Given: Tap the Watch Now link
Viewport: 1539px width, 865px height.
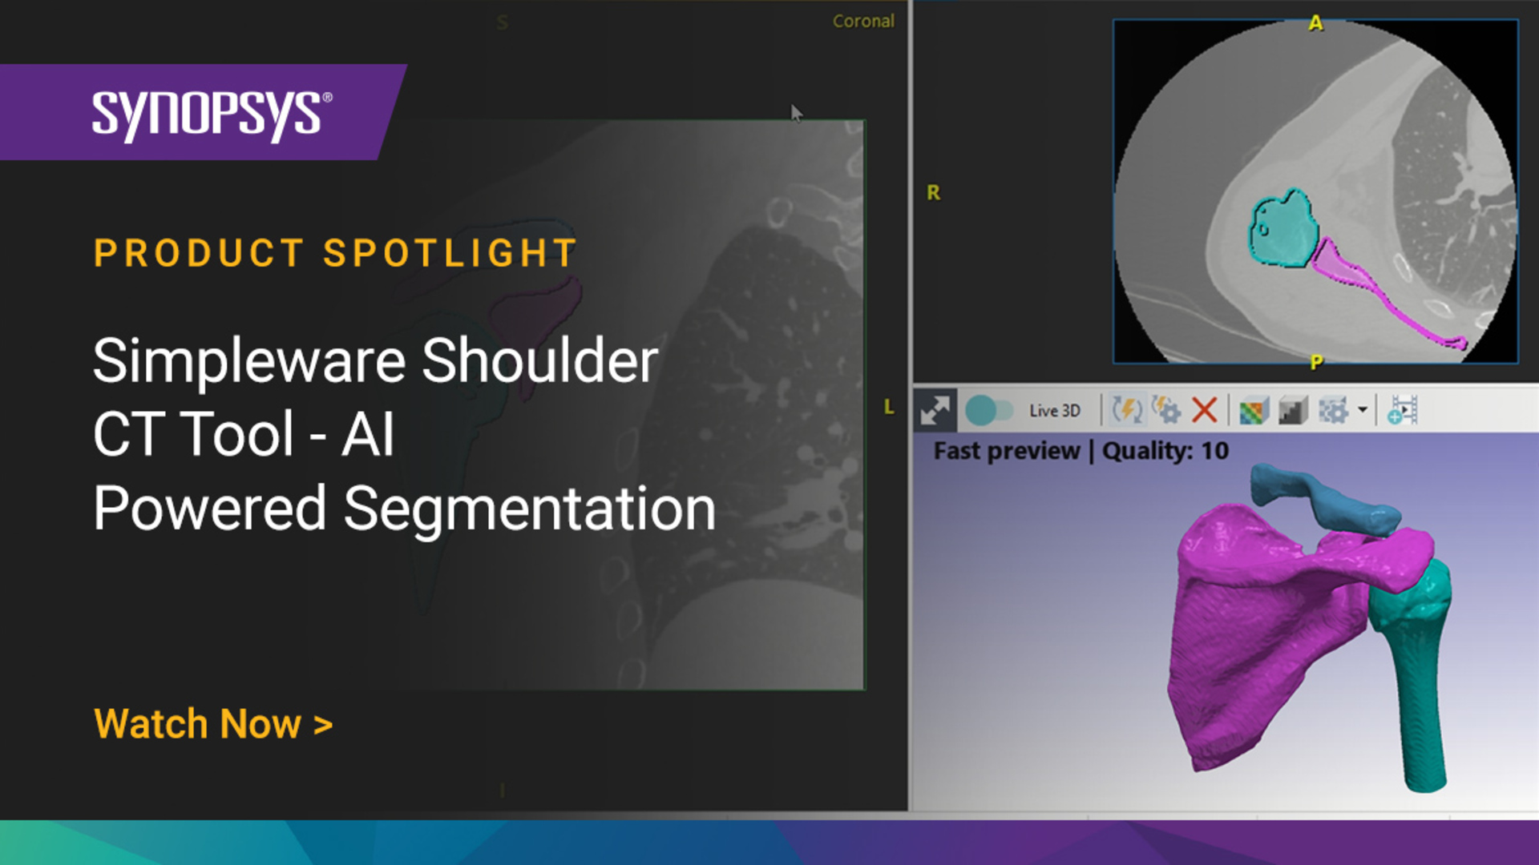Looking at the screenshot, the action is [x=213, y=724].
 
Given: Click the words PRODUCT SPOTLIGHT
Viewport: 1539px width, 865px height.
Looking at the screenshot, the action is [x=335, y=253].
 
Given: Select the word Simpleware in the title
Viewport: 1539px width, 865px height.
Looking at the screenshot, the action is [x=249, y=362].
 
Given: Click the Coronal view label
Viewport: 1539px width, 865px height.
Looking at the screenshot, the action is [x=863, y=22].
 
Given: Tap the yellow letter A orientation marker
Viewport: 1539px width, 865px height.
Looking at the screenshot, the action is [x=1315, y=23].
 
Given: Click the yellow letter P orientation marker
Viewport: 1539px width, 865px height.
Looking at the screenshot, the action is [x=1316, y=362].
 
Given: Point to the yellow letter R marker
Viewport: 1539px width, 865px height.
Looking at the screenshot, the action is [x=933, y=193].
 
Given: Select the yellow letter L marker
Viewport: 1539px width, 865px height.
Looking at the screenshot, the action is [x=889, y=407].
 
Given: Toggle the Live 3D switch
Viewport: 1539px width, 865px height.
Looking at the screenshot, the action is [x=989, y=411].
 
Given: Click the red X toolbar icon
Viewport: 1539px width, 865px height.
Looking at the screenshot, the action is [x=1204, y=410].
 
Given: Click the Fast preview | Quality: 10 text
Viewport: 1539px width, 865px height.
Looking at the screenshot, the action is [x=1081, y=451].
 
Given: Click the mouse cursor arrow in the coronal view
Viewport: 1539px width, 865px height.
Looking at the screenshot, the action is [x=796, y=113].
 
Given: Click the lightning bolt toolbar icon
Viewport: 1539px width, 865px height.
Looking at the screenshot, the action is [x=1127, y=410].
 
